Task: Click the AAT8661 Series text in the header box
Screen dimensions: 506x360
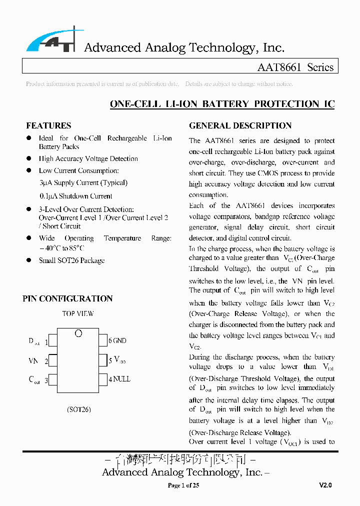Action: (295, 67)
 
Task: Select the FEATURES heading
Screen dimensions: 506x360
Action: (48, 125)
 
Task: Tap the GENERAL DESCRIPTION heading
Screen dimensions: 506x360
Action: (240, 125)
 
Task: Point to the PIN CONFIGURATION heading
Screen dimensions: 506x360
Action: (67, 298)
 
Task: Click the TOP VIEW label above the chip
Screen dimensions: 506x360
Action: (78, 314)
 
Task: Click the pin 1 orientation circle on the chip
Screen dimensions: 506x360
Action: (78, 333)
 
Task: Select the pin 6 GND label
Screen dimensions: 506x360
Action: (117, 341)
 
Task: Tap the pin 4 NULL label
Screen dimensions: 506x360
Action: (119, 379)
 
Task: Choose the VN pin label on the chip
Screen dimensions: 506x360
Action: (33, 360)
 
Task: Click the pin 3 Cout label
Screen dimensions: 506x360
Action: (34, 379)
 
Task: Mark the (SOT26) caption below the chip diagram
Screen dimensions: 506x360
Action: (78, 409)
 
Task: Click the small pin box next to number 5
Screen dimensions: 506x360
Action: (103, 360)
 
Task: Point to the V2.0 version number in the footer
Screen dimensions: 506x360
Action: (325, 485)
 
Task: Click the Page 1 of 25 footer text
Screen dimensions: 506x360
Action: (183, 485)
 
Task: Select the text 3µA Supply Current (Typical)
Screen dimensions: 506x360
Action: (83, 183)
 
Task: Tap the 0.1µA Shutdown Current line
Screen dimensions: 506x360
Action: (75, 196)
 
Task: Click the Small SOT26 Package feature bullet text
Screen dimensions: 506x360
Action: (71, 260)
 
